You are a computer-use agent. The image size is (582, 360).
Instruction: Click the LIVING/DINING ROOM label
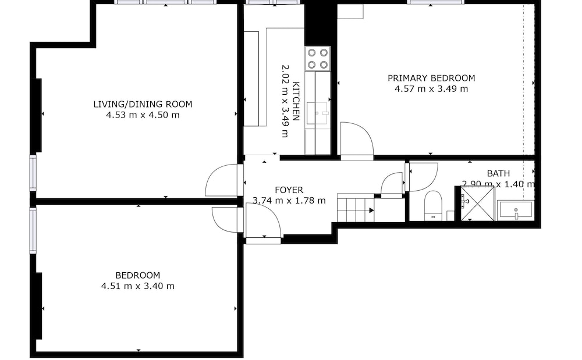click(143, 104)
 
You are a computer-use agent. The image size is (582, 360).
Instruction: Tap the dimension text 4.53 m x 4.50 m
click(143, 115)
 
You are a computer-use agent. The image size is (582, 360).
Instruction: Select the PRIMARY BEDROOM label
click(431, 79)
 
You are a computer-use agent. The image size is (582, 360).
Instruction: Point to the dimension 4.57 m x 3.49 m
click(431, 89)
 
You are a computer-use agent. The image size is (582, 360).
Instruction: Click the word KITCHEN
click(296, 101)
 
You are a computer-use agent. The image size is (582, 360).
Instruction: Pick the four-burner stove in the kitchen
click(318, 59)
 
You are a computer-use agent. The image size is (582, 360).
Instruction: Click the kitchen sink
click(318, 113)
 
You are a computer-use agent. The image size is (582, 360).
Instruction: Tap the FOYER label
click(289, 190)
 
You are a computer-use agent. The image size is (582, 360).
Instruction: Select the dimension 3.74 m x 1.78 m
click(289, 201)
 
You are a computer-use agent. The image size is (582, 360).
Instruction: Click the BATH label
click(498, 173)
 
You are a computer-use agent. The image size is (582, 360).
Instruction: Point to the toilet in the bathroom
click(433, 205)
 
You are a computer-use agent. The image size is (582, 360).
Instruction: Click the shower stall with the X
click(478, 204)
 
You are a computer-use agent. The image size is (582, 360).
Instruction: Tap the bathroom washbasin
click(516, 211)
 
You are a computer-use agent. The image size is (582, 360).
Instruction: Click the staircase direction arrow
click(371, 211)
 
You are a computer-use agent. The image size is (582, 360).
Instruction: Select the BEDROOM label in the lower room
click(138, 276)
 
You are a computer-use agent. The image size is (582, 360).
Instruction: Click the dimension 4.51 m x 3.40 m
click(138, 286)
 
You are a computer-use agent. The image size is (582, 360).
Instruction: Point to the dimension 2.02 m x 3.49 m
click(285, 101)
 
